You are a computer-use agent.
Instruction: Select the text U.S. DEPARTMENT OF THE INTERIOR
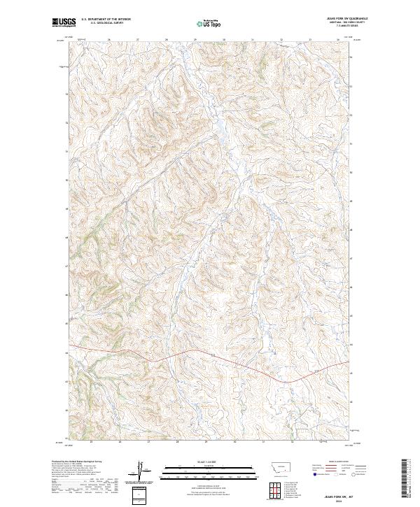click(106, 20)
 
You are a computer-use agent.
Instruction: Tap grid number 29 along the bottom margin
click(206, 442)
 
